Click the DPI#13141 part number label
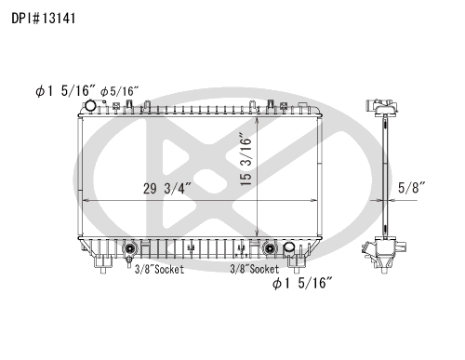coord(44,19)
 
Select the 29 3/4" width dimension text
coord(167,189)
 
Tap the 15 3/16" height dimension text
coord(246,159)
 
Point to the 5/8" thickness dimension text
coord(411,188)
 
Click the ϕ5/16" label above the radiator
coord(119,91)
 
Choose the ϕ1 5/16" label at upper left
coord(66,90)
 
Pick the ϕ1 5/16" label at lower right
coord(302,283)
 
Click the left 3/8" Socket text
coord(159,269)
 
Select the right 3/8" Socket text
coord(254,269)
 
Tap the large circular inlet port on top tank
coord(90,106)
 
